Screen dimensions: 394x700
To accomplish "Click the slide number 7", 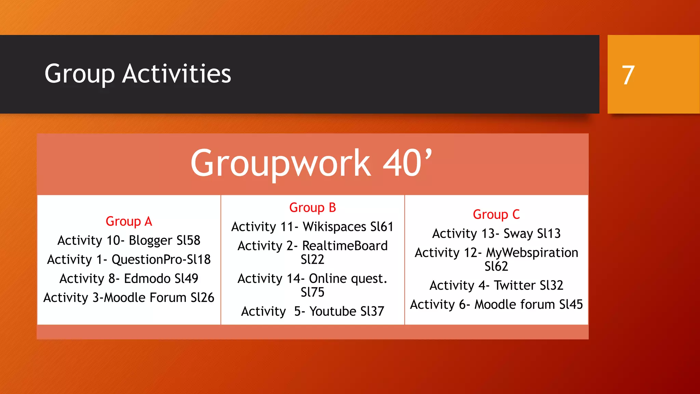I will [628, 75].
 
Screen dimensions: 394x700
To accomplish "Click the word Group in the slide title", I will [80, 75].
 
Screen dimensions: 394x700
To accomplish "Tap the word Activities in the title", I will [177, 74].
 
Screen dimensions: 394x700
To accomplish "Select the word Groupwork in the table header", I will [281, 163].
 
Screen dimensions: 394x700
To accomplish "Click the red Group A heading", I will [129, 222].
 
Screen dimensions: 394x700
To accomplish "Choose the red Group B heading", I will [312, 208].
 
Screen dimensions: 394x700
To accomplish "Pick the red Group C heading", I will [496, 214].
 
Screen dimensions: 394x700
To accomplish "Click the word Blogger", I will [150, 240].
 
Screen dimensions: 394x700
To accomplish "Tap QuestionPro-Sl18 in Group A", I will [161, 260].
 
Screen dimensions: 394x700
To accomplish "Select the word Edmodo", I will [147, 278].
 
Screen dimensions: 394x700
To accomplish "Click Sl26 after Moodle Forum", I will [202, 298].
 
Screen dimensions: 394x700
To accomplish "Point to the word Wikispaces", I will [335, 227].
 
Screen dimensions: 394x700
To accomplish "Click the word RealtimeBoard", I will [345, 246].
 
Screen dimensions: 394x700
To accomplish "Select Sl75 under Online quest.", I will [312, 292].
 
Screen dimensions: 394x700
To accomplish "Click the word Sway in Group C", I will [518, 234].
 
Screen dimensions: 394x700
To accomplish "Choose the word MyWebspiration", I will [532, 253].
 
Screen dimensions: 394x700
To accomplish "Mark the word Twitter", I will [514, 285].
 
